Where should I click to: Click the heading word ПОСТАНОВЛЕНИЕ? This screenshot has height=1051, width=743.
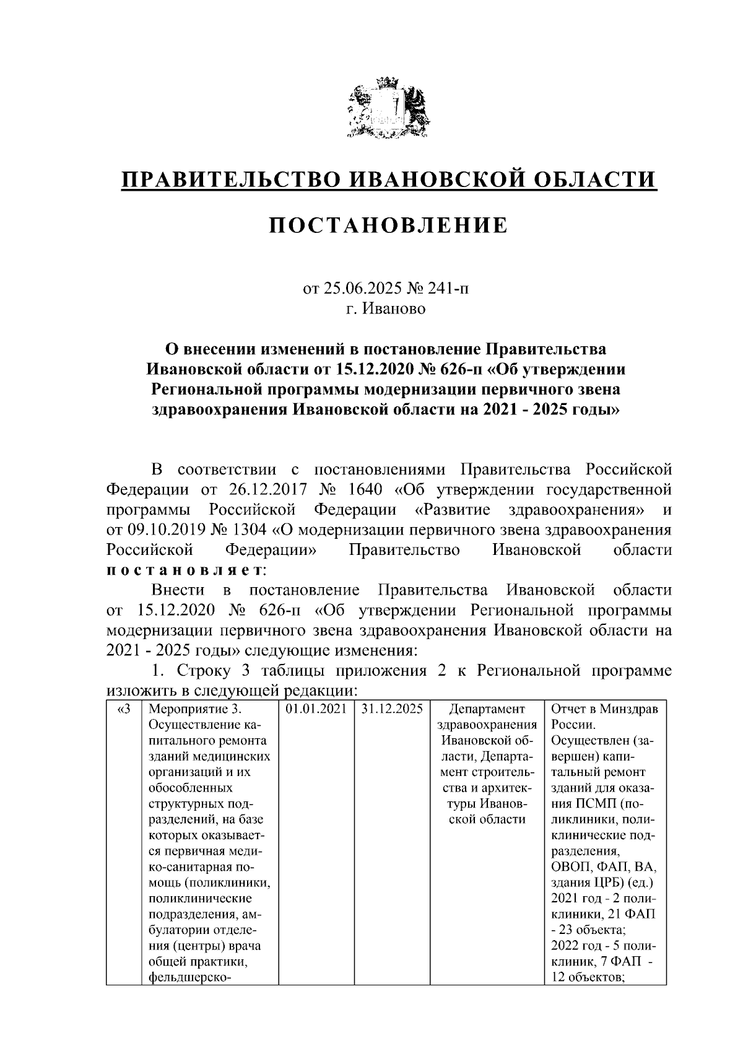point(388,225)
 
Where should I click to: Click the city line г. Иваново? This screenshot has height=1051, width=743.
point(386,308)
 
